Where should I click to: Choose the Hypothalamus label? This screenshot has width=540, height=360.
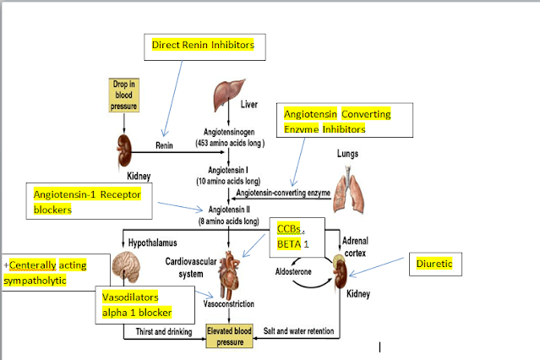click(153, 241)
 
